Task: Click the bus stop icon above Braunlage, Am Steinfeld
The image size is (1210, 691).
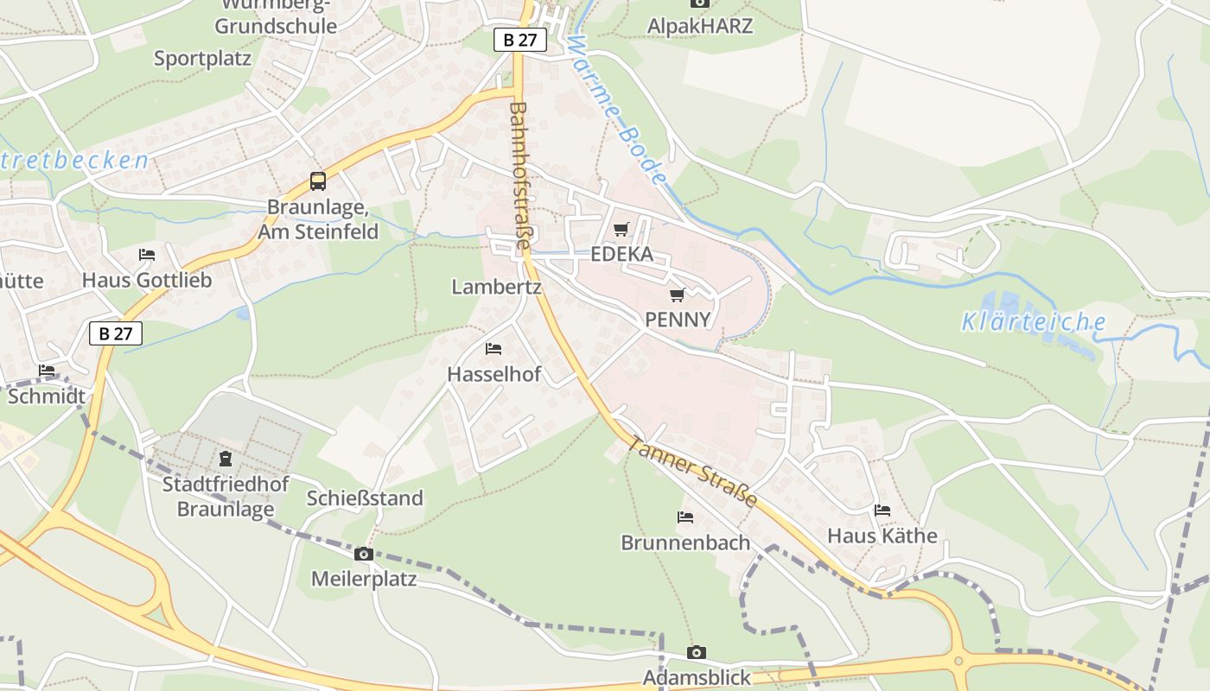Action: click(318, 181)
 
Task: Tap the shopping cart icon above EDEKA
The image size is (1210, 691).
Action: click(621, 230)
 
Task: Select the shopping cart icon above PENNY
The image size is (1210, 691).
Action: click(678, 295)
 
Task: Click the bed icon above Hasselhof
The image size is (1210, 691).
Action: click(494, 349)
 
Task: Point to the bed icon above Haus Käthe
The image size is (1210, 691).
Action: click(882, 510)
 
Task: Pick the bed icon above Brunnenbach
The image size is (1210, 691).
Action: click(685, 517)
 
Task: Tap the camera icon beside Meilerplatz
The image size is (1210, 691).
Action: click(364, 554)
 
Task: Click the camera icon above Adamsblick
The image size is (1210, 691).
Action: click(697, 652)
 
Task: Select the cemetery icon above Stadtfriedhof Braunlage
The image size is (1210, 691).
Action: click(226, 458)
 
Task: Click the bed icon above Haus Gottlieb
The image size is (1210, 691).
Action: click(147, 255)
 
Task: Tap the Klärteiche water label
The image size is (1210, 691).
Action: click(1034, 323)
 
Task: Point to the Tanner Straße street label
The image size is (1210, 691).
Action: click(692, 471)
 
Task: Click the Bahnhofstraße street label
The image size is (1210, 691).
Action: click(520, 176)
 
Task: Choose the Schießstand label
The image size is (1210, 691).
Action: click(366, 498)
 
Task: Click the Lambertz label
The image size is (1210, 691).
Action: click(496, 287)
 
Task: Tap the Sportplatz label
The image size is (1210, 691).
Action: click(202, 59)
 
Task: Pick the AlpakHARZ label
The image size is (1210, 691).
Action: click(700, 26)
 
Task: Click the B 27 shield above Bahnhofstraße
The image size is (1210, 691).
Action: click(520, 40)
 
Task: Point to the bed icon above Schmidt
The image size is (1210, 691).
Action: click(47, 371)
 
